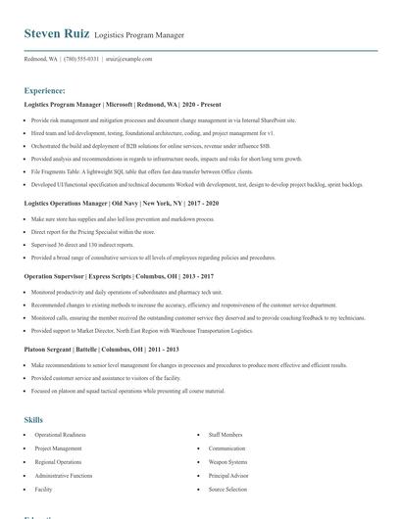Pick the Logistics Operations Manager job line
[x=121, y=203]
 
